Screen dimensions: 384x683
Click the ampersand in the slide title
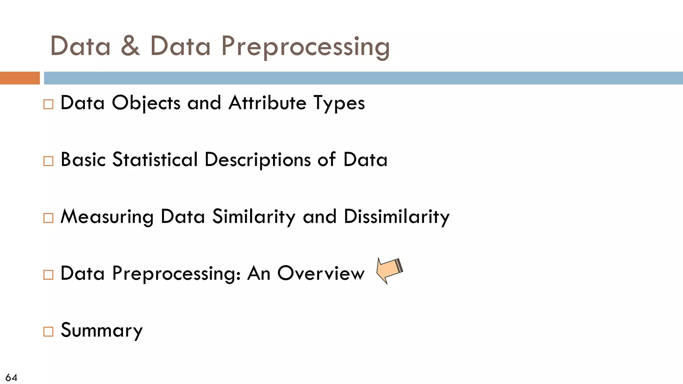[x=130, y=46]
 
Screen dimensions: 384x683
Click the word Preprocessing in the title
[x=305, y=47]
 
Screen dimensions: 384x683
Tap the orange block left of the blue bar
[x=20, y=78]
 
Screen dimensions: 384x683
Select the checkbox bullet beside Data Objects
[x=48, y=104]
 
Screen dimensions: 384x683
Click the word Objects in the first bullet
[x=146, y=103]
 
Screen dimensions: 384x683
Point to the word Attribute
[x=267, y=103]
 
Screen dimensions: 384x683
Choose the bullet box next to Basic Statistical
[x=48, y=161]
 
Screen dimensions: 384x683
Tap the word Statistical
[x=155, y=160]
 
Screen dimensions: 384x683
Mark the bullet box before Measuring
[x=48, y=218]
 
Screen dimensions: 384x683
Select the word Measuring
[x=107, y=217]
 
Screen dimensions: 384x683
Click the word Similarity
[x=254, y=217]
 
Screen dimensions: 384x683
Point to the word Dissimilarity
[x=397, y=217]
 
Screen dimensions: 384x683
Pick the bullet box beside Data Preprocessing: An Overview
[x=48, y=275]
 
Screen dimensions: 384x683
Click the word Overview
[x=321, y=274]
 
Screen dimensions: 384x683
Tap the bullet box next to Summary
[x=48, y=332]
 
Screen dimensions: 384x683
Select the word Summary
[x=102, y=331]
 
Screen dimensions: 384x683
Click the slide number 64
[x=11, y=377]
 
